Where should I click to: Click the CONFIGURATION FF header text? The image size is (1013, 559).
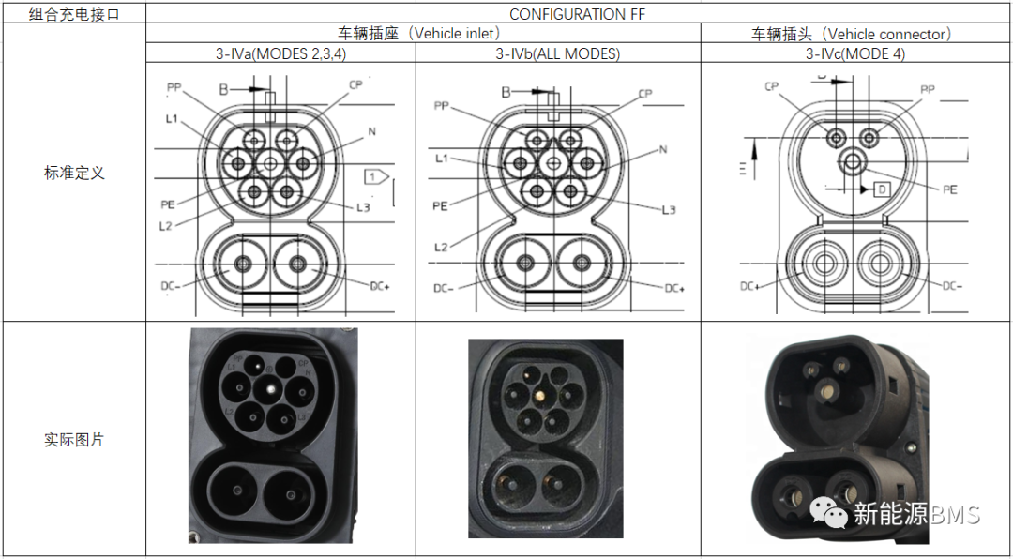(577, 13)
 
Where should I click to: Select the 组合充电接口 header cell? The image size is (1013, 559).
(74, 13)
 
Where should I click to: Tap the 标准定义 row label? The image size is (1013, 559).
(74, 173)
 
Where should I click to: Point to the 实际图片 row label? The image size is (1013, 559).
(74, 439)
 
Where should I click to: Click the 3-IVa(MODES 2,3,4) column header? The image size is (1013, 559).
(280, 54)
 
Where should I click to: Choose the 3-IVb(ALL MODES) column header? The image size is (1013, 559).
(557, 54)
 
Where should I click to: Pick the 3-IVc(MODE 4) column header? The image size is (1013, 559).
(854, 54)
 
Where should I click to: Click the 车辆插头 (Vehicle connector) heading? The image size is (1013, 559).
(854, 34)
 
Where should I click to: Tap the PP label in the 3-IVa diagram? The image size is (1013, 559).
(174, 87)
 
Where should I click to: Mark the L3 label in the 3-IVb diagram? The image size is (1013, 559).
(668, 209)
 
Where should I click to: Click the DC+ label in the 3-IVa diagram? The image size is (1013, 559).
(382, 286)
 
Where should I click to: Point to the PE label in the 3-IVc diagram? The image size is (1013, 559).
(949, 189)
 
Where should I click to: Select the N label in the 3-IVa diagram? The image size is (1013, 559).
(371, 131)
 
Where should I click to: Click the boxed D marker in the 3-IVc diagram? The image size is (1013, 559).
(882, 189)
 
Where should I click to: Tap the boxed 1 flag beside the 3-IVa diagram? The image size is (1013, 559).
(375, 175)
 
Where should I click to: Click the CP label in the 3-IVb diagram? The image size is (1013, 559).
(644, 94)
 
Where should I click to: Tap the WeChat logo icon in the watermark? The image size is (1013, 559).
(828, 512)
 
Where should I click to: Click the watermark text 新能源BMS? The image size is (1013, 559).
(915, 514)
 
